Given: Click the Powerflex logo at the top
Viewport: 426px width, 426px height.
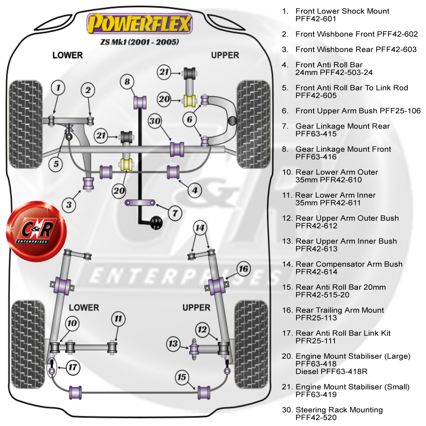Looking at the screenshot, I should pos(139,24).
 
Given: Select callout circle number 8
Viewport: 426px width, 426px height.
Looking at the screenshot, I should pos(127,81).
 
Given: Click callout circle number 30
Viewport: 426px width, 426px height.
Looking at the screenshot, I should pos(155,121).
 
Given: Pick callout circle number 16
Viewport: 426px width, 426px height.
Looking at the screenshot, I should pos(243,269).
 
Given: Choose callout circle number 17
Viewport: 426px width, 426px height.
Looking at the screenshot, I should pos(73,367).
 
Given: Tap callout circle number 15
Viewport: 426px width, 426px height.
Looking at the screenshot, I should pos(182,377).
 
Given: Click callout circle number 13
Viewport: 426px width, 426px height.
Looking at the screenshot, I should pos(173,343).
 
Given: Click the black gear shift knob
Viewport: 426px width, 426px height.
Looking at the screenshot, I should pos(156,223).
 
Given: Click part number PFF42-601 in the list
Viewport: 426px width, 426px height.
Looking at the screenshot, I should pos(316,19).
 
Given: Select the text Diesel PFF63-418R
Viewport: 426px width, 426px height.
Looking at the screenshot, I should pos(331,371).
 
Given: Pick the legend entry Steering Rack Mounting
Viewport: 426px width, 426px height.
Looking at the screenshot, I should pos(339,410).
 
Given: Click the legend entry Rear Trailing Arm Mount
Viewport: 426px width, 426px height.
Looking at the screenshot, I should pos(340,310).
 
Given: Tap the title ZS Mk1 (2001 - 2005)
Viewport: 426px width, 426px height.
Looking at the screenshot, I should pos(139,42).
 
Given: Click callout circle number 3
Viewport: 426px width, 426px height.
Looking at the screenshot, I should pos(69,205).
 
